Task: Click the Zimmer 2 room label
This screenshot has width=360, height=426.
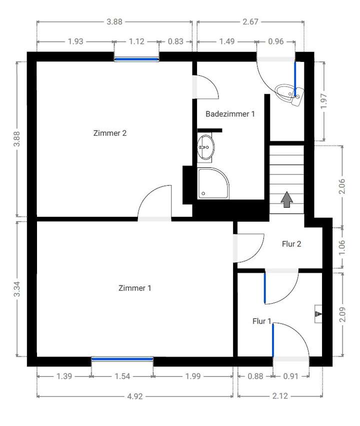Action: tap(110, 133)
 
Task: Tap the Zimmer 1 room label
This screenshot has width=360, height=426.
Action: tap(134, 288)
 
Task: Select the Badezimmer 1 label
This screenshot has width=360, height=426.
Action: tap(230, 114)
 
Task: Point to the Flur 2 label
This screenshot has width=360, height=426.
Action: tap(291, 244)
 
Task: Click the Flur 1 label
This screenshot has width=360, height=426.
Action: tap(261, 322)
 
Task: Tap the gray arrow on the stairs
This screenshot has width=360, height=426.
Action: tap(287, 199)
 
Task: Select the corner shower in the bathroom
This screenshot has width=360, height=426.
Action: tap(213, 183)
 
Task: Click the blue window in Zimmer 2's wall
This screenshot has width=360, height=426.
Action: tap(136, 59)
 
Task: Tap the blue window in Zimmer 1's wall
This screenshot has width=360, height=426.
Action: tap(122, 359)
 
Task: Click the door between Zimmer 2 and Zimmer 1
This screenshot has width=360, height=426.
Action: tap(155, 205)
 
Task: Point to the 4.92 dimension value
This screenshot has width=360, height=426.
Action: tap(134, 397)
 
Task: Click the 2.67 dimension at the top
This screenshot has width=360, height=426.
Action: tap(250, 22)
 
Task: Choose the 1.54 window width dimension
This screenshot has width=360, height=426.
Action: tap(122, 376)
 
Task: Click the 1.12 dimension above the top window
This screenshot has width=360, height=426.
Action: tap(136, 42)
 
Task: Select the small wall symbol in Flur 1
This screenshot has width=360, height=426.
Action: tap(318, 314)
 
